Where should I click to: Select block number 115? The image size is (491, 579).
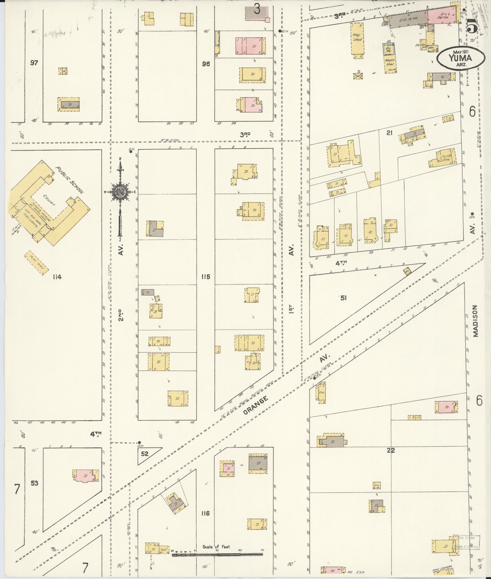coord(206,277)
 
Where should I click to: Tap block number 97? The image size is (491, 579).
coord(34,63)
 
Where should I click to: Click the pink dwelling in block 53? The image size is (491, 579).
coord(84,476)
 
